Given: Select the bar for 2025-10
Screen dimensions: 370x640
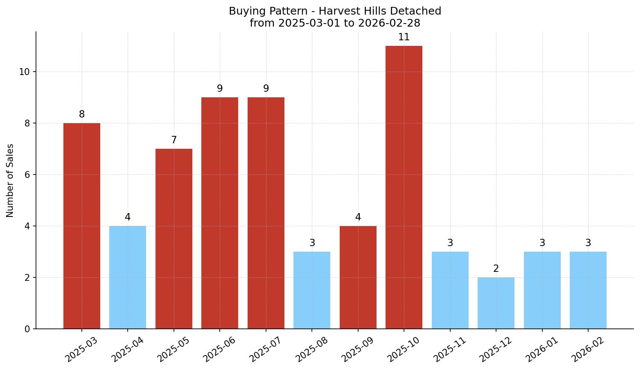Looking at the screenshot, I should (x=404, y=187).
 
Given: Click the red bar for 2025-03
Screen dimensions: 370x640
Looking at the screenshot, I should (x=81, y=226).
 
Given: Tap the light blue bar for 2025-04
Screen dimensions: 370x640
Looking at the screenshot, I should (x=128, y=277).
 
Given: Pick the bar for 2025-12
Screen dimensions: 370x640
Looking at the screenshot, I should (x=496, y=303).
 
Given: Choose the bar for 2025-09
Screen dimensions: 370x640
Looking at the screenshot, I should (x=358, y=277).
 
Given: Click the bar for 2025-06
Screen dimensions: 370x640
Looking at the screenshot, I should (x=219, y=213).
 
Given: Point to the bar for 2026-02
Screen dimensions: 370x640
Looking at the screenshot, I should (x=588, y=290).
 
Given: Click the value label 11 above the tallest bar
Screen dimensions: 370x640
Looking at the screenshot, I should (x=404, y=37).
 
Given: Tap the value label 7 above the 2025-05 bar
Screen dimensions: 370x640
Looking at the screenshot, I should (x=173, y=140).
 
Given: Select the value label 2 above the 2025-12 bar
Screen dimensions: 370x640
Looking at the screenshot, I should (x=496, y=269).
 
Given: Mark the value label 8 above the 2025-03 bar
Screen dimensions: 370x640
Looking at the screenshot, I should (x=81, y=114).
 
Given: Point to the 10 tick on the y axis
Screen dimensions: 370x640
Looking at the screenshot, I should (x=24, y=72).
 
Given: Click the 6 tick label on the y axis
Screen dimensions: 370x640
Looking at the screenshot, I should (x=27, y=175).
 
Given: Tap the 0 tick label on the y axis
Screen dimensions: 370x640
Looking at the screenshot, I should (x=27, y=329).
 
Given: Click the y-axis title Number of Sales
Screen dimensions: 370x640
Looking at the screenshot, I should (x=10, y=180).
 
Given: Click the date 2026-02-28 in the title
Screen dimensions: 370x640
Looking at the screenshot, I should (x=389, y=23).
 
